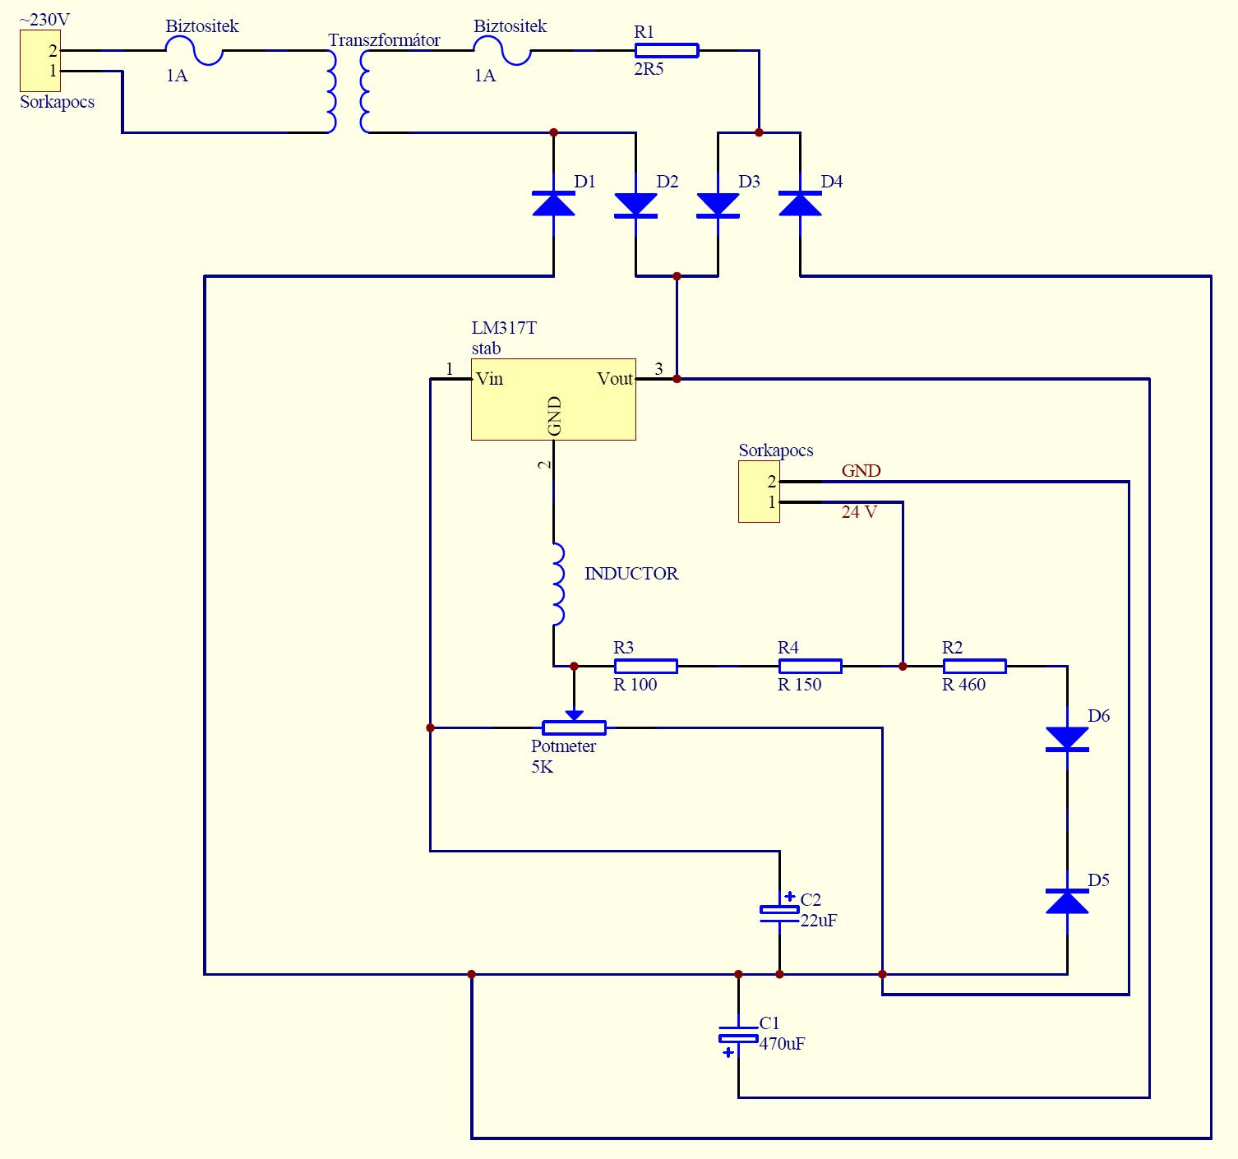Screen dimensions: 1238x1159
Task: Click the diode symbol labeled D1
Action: [x=553, y=204]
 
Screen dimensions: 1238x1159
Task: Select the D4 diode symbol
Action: [x=800, y=204]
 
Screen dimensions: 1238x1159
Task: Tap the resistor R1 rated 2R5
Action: [x=667, y=50]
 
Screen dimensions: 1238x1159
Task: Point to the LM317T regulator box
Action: [x=553, y=399]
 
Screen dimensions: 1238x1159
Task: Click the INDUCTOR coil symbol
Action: [x=558, y=584]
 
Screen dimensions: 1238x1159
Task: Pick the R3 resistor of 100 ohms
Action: [x=646, y=666]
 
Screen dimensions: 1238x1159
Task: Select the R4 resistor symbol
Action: [x=811, y=666]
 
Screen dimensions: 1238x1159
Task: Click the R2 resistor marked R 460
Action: [x=974, y=666]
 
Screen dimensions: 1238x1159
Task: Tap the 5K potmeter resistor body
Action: [x=574, y=727]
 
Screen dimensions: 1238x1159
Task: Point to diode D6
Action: [x=1066, y=739]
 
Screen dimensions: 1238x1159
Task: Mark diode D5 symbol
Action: [x=1066, y=901]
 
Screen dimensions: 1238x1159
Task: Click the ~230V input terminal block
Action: [x=40, y=61]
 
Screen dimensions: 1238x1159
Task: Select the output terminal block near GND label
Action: [x=759, y=492]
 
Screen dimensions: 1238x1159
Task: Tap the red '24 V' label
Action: [x=859, y=512]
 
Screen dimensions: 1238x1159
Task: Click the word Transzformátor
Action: [x=384, y=40]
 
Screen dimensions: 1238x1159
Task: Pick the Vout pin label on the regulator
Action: [x=615, y=378]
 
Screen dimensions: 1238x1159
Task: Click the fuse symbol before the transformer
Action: [x=194, y=50]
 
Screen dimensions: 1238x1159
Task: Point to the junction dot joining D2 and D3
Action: [x=677, y=275]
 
